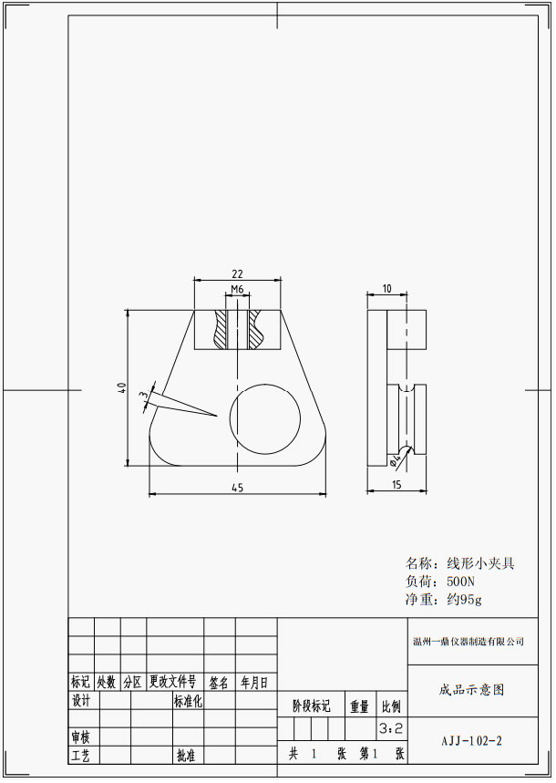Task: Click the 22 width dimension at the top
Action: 237,273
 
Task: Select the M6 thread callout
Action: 237,289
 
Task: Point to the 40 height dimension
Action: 121,387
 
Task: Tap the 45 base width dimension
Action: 238,488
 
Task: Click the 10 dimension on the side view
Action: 386,289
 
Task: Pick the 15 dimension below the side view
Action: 396,484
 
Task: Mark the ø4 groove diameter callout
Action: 396,460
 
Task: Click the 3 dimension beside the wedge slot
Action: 144,395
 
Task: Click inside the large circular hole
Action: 264,419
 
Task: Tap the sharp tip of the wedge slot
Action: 216,415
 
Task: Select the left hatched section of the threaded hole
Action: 221,330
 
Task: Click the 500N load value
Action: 460,582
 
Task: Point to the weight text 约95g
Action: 464,599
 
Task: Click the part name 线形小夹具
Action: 480,564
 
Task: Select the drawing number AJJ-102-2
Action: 471,741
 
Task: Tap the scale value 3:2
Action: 391,728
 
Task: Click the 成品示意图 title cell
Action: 471,690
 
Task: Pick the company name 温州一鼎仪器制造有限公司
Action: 468,642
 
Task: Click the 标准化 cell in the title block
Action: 188,701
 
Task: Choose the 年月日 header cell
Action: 255,682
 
